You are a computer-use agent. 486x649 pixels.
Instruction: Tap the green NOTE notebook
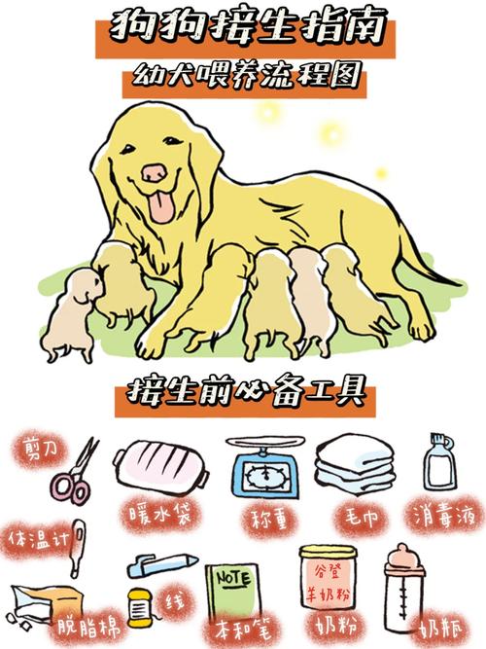pos(230,594)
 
